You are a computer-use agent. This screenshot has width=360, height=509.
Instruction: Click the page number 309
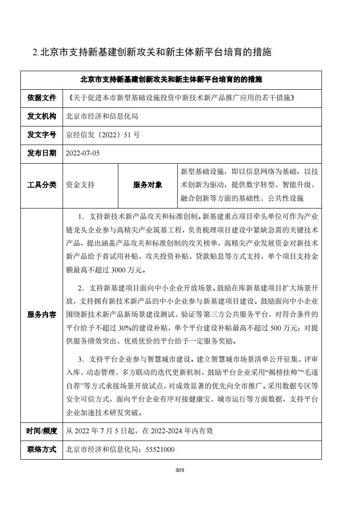180,470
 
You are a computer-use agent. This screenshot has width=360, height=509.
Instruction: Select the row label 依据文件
42,97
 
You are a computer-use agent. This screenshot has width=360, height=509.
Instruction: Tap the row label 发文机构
42,116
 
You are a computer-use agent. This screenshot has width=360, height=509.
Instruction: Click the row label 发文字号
42,135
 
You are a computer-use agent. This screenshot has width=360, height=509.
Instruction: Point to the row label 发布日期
42,153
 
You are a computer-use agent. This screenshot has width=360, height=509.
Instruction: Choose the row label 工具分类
42,184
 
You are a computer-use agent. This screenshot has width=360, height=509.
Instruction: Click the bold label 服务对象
147,184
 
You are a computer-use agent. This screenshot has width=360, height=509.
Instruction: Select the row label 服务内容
42,315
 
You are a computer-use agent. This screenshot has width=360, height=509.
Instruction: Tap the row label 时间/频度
42,431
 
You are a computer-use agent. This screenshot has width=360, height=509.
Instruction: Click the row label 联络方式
42,450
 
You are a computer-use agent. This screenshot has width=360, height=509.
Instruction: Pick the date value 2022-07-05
83,153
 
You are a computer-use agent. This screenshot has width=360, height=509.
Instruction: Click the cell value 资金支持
80,184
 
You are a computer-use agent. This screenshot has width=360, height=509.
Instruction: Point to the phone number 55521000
159,450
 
